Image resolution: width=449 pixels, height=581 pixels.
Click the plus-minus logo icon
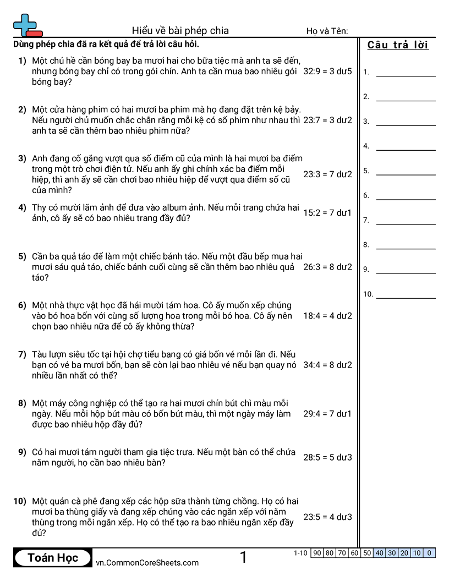[x=27, y=25]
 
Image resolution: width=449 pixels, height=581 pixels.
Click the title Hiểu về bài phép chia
[x=180, y=31]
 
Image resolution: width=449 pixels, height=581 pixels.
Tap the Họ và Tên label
[x=327, y=31]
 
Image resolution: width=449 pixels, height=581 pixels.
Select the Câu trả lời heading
[x=398, y=45]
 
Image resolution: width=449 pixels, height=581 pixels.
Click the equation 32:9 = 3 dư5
[x=327, y=71]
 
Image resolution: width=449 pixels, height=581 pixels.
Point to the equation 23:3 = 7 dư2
[x=327, y=174]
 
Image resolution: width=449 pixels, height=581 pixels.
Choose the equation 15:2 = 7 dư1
[x=327, y=212]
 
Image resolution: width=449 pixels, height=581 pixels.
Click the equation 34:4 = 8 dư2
[x=327, y=365]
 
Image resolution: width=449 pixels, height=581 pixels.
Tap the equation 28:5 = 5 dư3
[x=327, y=457]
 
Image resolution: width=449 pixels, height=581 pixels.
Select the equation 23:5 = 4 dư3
[x=327, y=517]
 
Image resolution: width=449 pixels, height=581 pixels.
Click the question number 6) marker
[x=22, y=305]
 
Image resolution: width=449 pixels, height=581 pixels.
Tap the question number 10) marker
[x=20, y=501]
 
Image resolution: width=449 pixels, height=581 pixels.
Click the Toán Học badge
[x=53, y=558]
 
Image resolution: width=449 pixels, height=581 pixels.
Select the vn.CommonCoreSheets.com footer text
[x=147, y=562]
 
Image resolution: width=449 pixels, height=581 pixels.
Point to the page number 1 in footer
[x=243, y=558]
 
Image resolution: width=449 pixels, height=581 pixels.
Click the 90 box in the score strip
[x=317, y=553]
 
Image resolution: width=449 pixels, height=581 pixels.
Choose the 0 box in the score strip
[x=429, y=553]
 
